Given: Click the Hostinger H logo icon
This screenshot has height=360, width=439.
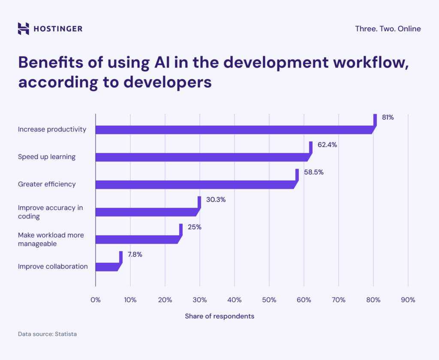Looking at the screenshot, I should [x=24, y=29].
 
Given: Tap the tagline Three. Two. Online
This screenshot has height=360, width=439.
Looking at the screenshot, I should [x=388, y=29].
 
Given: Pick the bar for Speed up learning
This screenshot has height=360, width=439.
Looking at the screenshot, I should [x=201, y=157].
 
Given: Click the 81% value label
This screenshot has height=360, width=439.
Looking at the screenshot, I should [x=388, y=117].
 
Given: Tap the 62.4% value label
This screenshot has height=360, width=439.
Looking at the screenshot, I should [x=327, y=145].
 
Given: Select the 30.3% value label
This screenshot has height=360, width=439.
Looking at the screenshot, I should [x=216, y=200].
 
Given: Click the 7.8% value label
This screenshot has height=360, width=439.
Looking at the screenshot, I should [x=135, y=255].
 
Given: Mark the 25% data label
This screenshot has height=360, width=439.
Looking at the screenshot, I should [x=194, y=227].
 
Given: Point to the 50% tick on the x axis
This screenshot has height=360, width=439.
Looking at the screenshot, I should [x=269, y=300].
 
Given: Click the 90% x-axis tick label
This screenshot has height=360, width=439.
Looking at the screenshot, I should [x=408, y=300].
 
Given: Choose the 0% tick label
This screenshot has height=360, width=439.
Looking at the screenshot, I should [x=95, y=300].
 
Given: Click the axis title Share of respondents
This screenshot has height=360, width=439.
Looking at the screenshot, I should [x=219, y=316].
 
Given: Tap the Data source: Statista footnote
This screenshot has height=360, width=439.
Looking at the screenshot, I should [x=47, y=333].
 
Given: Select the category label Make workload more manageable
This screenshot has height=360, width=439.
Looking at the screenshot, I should [x=51, y=239].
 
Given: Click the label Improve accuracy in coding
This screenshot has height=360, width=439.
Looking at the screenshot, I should [x=50, y=212].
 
